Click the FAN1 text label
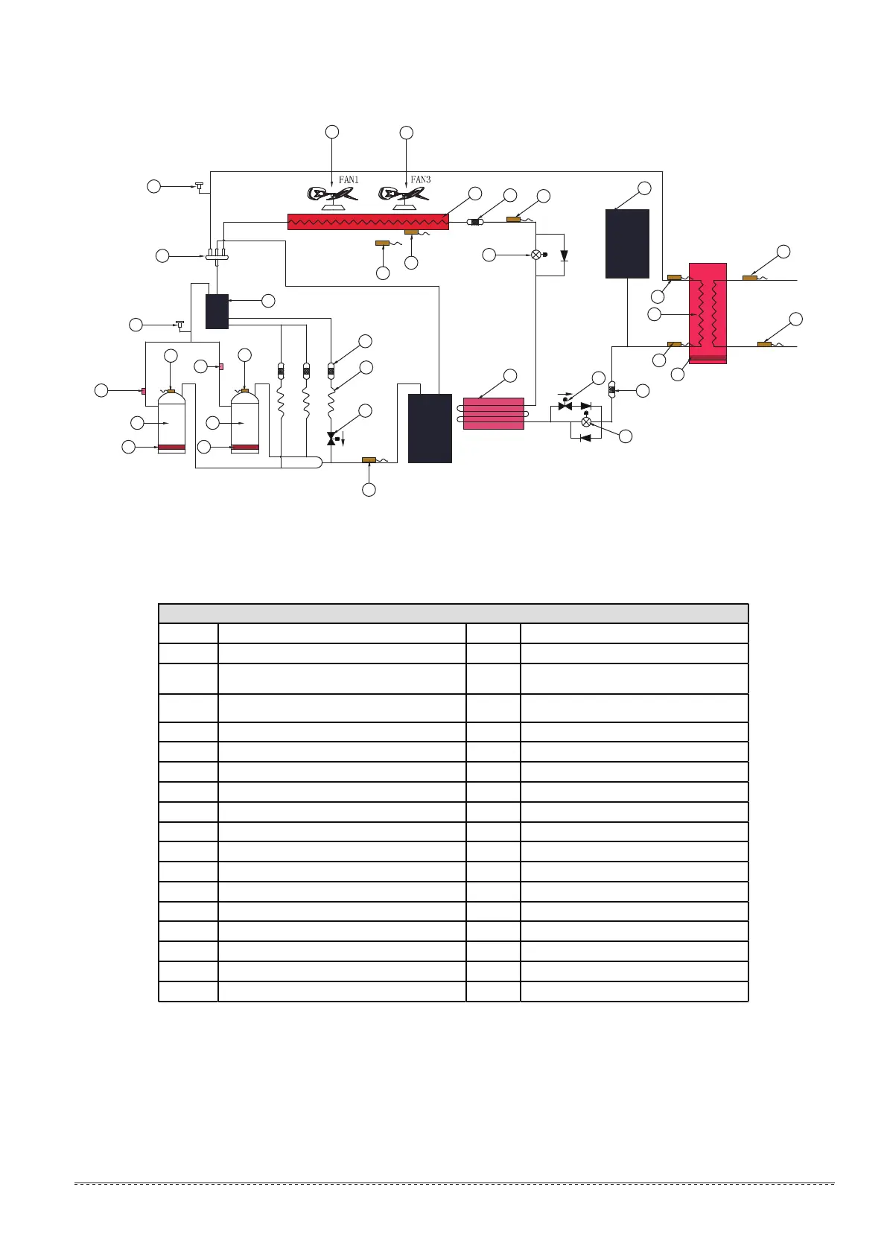pyautogui.click(x=349, y=179)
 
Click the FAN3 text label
pyautogui.click(x=421, y=179)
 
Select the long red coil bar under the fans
pyautogui.click(x=368, y=222)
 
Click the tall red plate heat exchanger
pyautogui.click(x=708, y=313)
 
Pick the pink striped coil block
pyautogui.click(x=493, y=414)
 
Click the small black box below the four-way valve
pyautogui.click(x=217, y=311)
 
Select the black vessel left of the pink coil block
pyautogui.click(x=430, y=428)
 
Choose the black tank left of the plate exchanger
pyautogui.click(x=627, y=244)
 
